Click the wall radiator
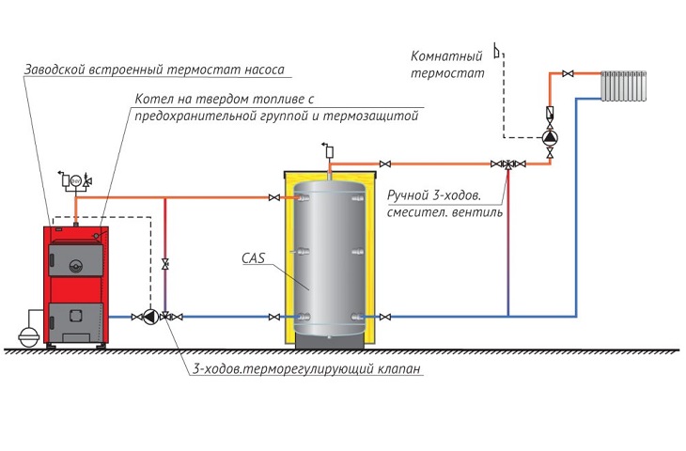[623, 86]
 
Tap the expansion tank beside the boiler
[29, 336]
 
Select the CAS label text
[254, 258]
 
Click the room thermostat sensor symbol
[497, 51]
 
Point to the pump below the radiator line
[550, 138]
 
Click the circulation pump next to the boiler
[150, 317]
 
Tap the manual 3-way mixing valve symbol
[508, 164]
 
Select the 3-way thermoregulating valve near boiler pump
[165, 316]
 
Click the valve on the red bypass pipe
[165, 264]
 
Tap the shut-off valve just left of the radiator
[568, 73]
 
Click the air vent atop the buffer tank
[329, 150]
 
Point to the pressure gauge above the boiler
[76, 180]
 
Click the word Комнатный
[446, 56]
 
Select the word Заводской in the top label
[55, 70]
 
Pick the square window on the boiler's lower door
[75, 315]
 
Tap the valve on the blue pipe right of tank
[385, 317]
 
